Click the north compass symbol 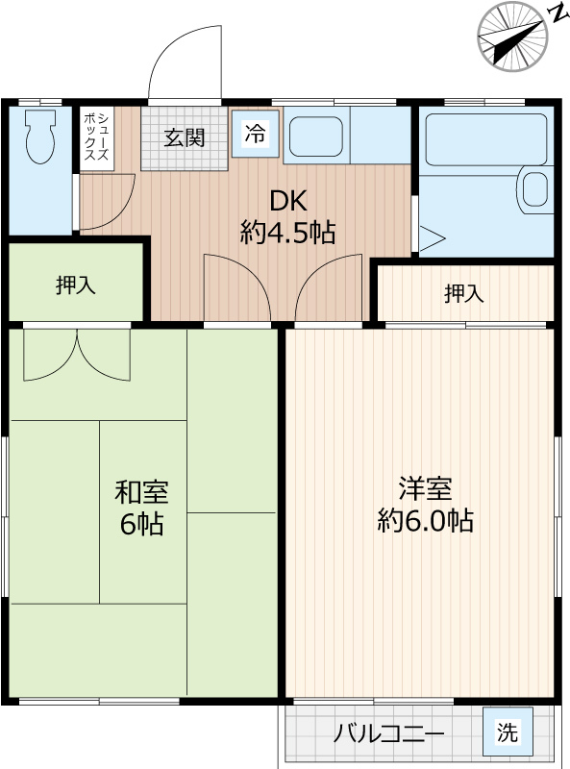point(513,37)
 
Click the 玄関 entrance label point(184,137)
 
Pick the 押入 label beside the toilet point(76,285)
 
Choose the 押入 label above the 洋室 point(464,294)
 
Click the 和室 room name point(141,492)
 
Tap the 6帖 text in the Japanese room point(141,525)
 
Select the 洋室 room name point(424,488)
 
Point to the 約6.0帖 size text point(424,521)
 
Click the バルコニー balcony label point(388,734)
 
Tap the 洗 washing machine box point(506,732)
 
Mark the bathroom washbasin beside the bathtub point(534,188)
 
